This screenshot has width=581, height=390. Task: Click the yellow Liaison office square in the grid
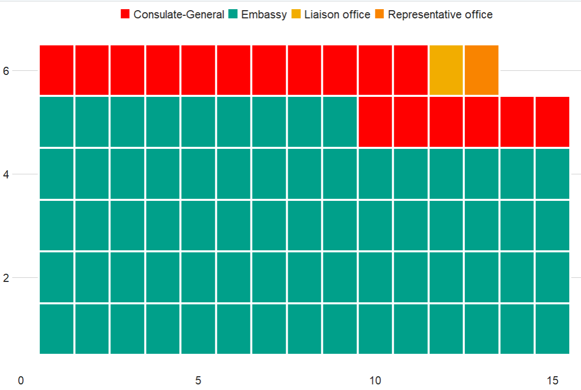[446, 70]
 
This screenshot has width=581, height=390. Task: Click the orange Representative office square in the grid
[481, 70]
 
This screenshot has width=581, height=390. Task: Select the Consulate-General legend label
[179, 14]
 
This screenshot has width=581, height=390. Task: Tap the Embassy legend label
[264, 14]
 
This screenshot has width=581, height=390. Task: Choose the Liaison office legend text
[337, 14]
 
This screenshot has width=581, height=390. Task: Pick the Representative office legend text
[440, 14]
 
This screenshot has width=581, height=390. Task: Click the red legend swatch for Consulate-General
[125, 14]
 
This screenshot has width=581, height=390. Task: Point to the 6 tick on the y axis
[7, 71]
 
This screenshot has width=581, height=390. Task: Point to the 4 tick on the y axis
[7, 174]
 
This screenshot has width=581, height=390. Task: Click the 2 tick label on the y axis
[7, 278]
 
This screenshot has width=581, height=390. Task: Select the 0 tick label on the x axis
[21, 381]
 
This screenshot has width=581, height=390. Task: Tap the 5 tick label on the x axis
[198, 381]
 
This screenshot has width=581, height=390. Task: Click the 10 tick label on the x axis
[375, 381]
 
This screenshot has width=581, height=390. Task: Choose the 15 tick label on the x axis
[552, 381]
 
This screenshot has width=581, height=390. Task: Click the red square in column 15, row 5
[552, 122]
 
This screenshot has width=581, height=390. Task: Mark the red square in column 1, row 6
[57, 70]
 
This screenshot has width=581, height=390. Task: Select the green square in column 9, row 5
[340, 122]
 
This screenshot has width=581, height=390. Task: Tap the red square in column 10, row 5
[375, 122]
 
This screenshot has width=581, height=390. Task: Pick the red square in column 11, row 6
[410, 70]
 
